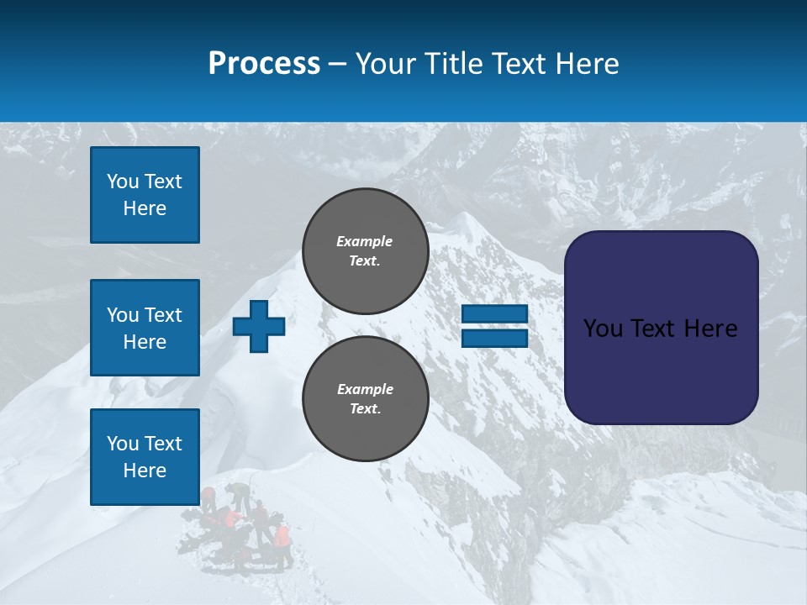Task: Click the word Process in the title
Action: coord(264,64)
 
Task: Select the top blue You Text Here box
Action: coord(145,195)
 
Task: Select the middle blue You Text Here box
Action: coord(145,328)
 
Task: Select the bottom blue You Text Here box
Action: coord(145,457)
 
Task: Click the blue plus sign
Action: coord(259,326)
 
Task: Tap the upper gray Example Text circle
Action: coord(365,251)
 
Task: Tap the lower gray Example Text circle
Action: coord(365,399)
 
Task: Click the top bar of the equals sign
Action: coord(494,314)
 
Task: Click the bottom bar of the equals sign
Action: coord(494,338)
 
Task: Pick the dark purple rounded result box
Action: coord(661,328)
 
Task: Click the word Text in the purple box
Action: coord(659,329)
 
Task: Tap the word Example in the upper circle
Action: coord(365,241)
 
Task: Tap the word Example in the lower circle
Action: coord(365,389)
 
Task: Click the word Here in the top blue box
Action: coord(145,208)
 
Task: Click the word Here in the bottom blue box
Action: coord(145,471)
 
